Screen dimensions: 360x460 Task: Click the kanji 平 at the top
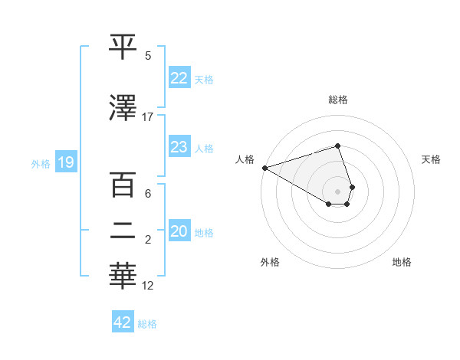click(x=123, y=47)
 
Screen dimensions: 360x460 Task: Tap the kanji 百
click(x=123, y=185)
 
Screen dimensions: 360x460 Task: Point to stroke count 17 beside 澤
click(x=148, y=117)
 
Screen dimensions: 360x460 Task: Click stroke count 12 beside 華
click(x=148, y=286)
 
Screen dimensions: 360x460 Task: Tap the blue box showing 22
click(x=179, y=78)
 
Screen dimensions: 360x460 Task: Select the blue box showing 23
click(x=179, y=148)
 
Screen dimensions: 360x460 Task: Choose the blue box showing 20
click(x=179, y=232)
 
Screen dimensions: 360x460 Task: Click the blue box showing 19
click(x=65, y=162)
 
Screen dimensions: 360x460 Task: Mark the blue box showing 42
click(x=123, y=322)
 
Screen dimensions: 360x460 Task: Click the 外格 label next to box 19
click(x=41, y=163)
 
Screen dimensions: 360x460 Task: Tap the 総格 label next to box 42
click(x=147, y=324)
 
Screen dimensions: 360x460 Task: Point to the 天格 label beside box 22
click(x=203, y=80)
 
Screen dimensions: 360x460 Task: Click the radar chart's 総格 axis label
click(x=338, y=100)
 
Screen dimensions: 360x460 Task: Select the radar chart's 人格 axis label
click(x=245, y=159)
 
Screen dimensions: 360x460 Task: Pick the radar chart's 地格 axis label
click(x=402, y=262)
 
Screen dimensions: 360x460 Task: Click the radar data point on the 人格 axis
click(x=264, y=168)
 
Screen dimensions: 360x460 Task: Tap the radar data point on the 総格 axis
click(x=337, y=146)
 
